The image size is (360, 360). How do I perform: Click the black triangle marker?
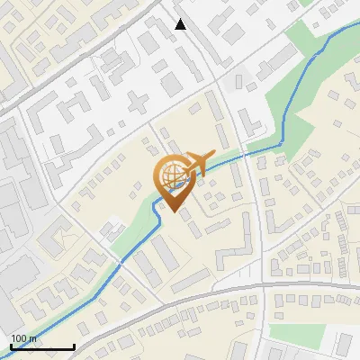tap(181, 24)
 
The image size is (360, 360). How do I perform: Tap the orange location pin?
tap(173, 180)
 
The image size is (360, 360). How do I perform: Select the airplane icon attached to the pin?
tap(200, 162)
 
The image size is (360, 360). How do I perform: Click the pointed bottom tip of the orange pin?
tap(173, 211)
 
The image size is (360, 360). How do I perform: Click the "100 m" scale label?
tap(24, 337)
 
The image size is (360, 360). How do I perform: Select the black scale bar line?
tap(41, 346)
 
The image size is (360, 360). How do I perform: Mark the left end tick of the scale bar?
tap(11, 346)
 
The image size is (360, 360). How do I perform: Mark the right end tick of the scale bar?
tap(73, 346)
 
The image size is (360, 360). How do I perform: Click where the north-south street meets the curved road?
tap(267, 287)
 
